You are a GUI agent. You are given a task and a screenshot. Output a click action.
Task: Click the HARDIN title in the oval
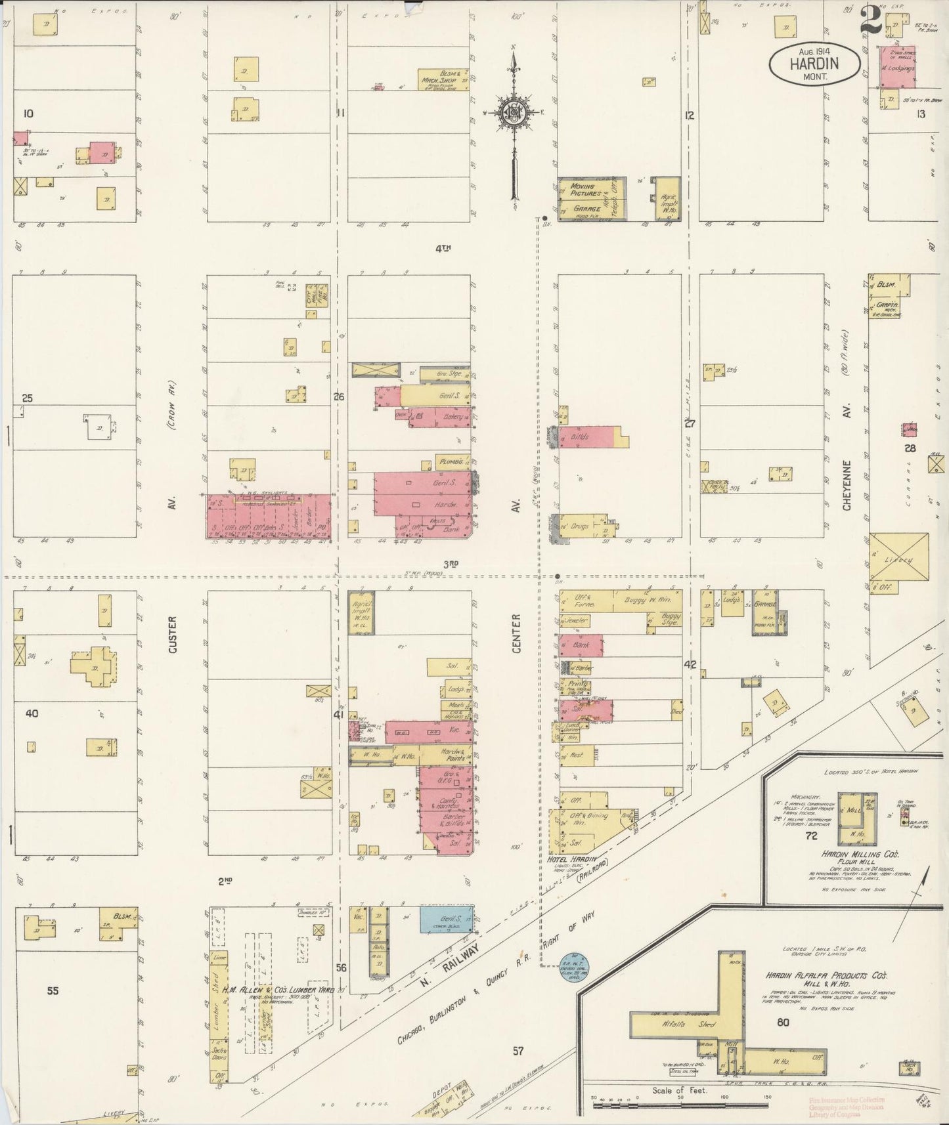pos(814,64)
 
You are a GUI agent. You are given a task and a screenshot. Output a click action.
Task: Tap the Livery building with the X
pos(899,559)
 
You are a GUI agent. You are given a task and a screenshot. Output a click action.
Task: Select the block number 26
pos(339,396)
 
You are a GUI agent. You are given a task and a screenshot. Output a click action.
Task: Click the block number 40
pos(32,713)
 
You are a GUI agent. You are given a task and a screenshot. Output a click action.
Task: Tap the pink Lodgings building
pos(898,68)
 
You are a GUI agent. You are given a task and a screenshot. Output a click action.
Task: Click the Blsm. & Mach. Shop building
pos(443,79)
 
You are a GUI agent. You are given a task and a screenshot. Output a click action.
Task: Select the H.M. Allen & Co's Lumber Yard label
pos(282,989)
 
